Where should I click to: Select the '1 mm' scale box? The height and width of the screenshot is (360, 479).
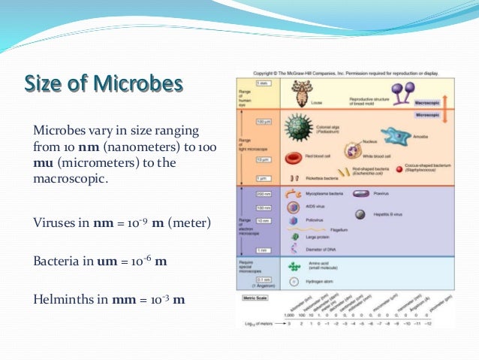click(x=263, y=83)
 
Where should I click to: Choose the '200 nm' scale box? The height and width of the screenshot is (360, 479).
click(x=264, y=194)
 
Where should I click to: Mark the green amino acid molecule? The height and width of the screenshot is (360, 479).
click(x=294, y=265)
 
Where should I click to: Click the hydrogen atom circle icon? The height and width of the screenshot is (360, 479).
click(x=294, y=282)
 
